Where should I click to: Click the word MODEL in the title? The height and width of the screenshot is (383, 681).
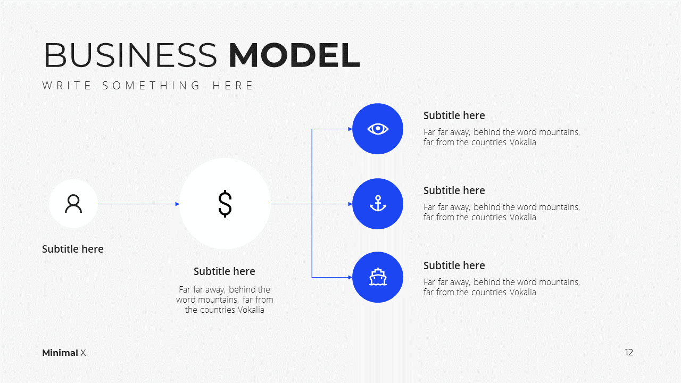point(294,55)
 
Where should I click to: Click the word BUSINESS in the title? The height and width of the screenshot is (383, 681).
point(130,55)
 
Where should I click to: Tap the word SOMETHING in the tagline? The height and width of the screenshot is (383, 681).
point(151,86)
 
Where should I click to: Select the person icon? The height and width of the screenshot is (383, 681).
point(73,204)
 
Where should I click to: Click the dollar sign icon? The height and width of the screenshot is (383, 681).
point(225,204)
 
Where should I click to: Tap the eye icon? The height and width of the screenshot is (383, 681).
point(378,129)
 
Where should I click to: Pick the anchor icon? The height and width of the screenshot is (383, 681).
point(378,204)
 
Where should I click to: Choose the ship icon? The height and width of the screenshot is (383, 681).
point(378,277)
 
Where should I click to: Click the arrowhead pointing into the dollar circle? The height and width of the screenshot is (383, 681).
point(178,204)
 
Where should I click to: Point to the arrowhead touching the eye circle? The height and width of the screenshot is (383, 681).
point(350,129)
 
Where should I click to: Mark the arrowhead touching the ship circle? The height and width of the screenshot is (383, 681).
point(350,277)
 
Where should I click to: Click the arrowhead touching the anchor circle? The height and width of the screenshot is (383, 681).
point(350,204)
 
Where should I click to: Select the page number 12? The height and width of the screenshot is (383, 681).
point(629,352)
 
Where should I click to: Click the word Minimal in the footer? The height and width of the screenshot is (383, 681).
point(60,353)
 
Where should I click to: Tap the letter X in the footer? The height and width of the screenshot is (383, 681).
point(83,353)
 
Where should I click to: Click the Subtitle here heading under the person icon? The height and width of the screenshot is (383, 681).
point(73,249)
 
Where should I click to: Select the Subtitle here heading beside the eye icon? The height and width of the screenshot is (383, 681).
point(454,115)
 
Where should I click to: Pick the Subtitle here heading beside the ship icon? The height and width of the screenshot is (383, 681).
point(454,265)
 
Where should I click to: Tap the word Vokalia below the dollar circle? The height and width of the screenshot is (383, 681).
point(251,310)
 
